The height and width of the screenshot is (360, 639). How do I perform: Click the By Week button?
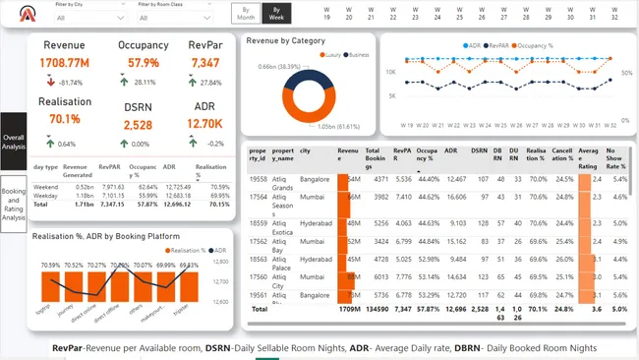(x=278, y=13)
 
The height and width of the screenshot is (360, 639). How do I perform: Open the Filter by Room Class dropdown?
(x=172, y=17)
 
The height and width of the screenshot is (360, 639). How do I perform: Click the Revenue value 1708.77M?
(x=65, y=63)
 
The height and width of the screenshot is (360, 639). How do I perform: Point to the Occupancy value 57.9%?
(x=144, y=63)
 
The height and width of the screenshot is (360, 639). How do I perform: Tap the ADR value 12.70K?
(x=204, y=123)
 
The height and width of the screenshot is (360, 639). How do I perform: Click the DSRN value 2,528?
(x=139, y=125)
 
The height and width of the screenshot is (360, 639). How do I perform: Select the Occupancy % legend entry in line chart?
(x=535, y=45)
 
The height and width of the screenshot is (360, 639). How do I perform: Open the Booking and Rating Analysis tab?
(x=14, y=204)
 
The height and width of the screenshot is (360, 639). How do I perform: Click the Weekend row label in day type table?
(x=45, y=186)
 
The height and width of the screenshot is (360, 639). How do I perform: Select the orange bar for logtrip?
(x=51, y=287)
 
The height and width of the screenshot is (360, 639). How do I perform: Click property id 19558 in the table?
(x=258, y=179)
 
